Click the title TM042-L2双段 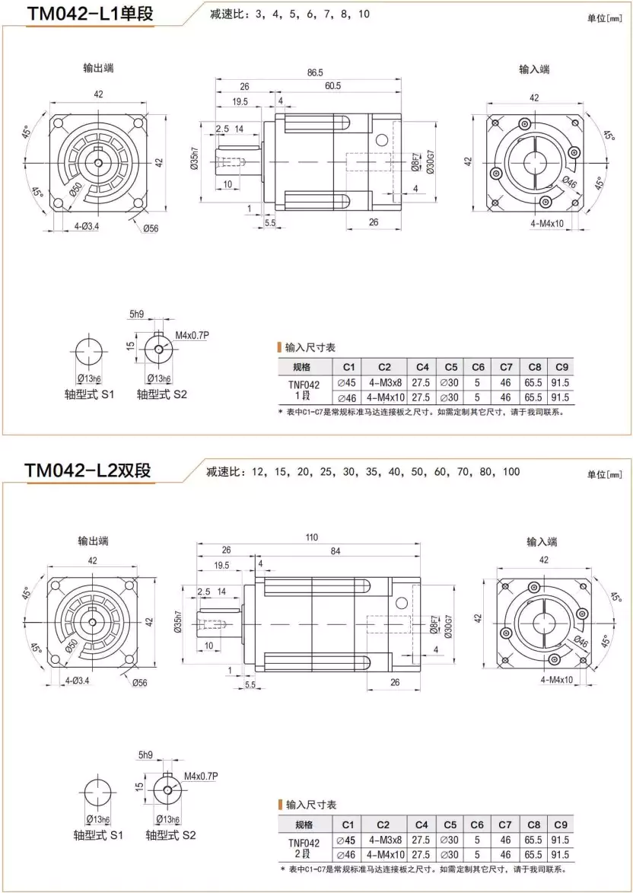[87, 470]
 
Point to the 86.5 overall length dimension [313, 73]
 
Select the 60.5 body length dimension [332, 86]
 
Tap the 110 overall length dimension [311, 537]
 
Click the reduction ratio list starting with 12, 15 [362, 472]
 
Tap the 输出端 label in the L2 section [93, 541]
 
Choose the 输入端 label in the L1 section [534, 69]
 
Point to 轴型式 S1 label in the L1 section [88, 394]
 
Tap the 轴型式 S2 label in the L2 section [170, 835]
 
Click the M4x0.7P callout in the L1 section [192, 335]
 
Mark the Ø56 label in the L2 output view [139, 683]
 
